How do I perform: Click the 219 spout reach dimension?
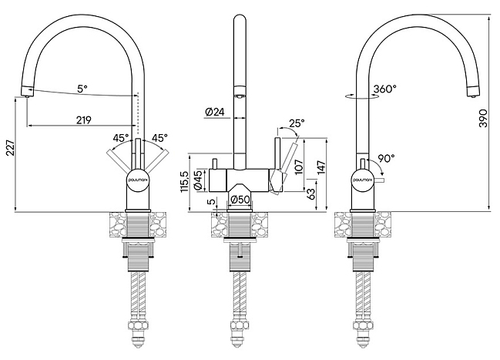(x=83, y=120)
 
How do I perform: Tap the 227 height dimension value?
(x=11, y=147)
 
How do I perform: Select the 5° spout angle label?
(x=82, y=89)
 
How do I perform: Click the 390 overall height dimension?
(x=483, y=118)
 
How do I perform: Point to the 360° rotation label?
(x=385, y=89)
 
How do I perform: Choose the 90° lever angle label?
(x=386, y=158)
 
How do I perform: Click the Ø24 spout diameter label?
(x=215, y=112)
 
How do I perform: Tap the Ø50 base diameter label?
(x=240, y=200)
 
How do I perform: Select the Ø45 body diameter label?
(x=198, y=180)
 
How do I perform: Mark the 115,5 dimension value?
(x=185, y=181)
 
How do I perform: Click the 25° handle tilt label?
(x=297, y=123)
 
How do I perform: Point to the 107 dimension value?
(x=299, y=167)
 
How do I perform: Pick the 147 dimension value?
(x=321, y=167)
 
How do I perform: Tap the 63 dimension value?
(x=311, y=193)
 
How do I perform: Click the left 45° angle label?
(x=121, y=138)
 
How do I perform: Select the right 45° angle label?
(x=159, y=138)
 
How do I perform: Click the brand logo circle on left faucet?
(x=138, y=180)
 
